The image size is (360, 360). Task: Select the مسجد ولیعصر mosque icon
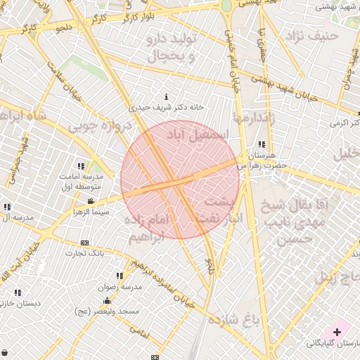coord(107,301)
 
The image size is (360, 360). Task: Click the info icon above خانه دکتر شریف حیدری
coord(166,96)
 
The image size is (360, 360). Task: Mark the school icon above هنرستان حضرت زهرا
coord(262,144)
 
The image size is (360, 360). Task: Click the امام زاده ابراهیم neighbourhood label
coord(148,229)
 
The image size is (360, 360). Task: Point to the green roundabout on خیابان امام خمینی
coord(226,5)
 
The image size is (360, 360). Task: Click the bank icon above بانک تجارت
coord(85,243)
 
